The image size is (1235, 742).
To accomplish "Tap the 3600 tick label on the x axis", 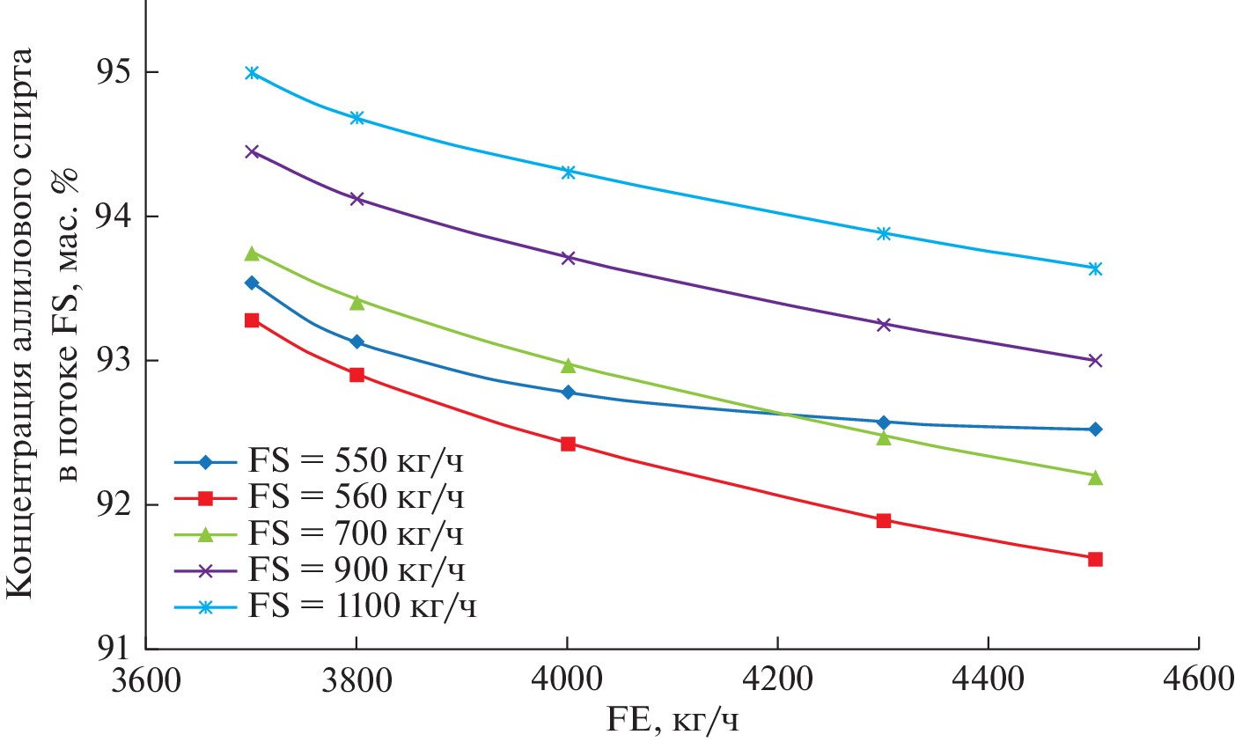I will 145,680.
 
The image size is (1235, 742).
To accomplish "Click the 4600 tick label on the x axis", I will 1200,680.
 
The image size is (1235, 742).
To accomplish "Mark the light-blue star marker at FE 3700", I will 252,72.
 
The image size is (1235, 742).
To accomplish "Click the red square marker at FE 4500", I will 1095,559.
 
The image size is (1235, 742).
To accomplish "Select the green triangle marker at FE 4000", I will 568,364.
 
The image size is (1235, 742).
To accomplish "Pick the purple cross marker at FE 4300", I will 884,324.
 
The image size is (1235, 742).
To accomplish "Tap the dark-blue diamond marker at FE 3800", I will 357,342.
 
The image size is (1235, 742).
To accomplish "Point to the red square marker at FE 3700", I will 252,320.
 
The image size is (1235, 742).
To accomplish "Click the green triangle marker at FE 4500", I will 1095,477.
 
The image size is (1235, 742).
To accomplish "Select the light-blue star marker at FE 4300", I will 884,233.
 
